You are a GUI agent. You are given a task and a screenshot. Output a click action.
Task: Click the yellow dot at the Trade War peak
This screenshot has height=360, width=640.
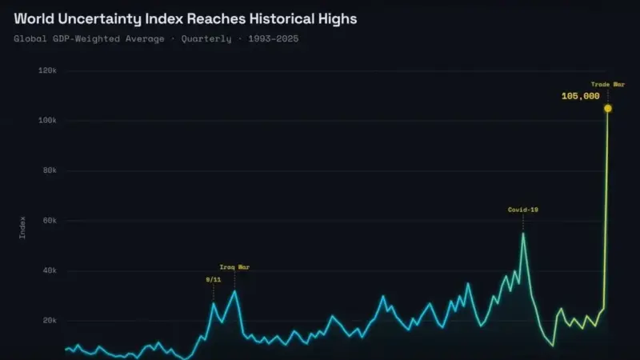pyautogui.click(x=608, y=108)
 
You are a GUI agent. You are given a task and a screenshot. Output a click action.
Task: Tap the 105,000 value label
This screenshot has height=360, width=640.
pyautogui.click(x=581, y=96)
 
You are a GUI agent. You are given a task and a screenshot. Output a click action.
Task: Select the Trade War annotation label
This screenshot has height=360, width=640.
pyautogui.click(x=608, y=85)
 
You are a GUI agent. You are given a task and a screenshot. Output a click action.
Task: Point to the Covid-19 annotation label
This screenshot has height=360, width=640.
pyautogui.click(x=523, y=210)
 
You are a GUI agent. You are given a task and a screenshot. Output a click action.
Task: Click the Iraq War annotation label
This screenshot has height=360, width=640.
pyautogui.click(x=234, y=267)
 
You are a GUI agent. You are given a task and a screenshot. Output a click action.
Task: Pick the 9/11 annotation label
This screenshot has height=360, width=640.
pyautogui.click(x=213, y=279)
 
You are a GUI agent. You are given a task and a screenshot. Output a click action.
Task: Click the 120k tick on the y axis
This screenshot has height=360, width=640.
pyautogui.click(x=47, y=70)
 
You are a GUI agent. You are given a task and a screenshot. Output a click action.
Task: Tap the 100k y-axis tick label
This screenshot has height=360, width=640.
pyautogui.click(x=47, y=121)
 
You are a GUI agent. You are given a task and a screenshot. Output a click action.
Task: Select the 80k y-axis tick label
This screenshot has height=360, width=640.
pyautogui.click(x=50, y=170)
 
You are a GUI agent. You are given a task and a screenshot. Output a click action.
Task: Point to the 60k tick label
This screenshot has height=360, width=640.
pyautogui.click(x=50, y=221)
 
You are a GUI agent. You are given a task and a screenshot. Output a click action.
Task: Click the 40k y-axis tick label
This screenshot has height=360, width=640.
pyautogui.click(x=50, y=270)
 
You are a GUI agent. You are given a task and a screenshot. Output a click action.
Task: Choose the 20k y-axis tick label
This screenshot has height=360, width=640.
pyautogui.click(x=50, y=321)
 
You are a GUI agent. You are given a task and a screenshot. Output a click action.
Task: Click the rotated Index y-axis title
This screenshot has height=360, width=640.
pyautogui.click(x=22, y=228)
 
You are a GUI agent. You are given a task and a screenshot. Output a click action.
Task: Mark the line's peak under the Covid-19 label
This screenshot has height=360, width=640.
pyautogui.click(x=523, y=234)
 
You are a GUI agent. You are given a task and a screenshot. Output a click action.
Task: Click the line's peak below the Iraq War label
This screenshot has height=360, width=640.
pyautogui.click(x=234, y=291)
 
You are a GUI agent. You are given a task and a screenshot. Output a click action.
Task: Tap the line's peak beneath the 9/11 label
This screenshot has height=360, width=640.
pyautogui.click(x=213, y=303)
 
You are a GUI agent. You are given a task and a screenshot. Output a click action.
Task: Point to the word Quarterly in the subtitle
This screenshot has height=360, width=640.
pyautogui.click(x=206, y=38)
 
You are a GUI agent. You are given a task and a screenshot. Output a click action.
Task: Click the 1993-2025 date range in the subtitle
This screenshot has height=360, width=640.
pyautogui.click(x=274, y=38)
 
